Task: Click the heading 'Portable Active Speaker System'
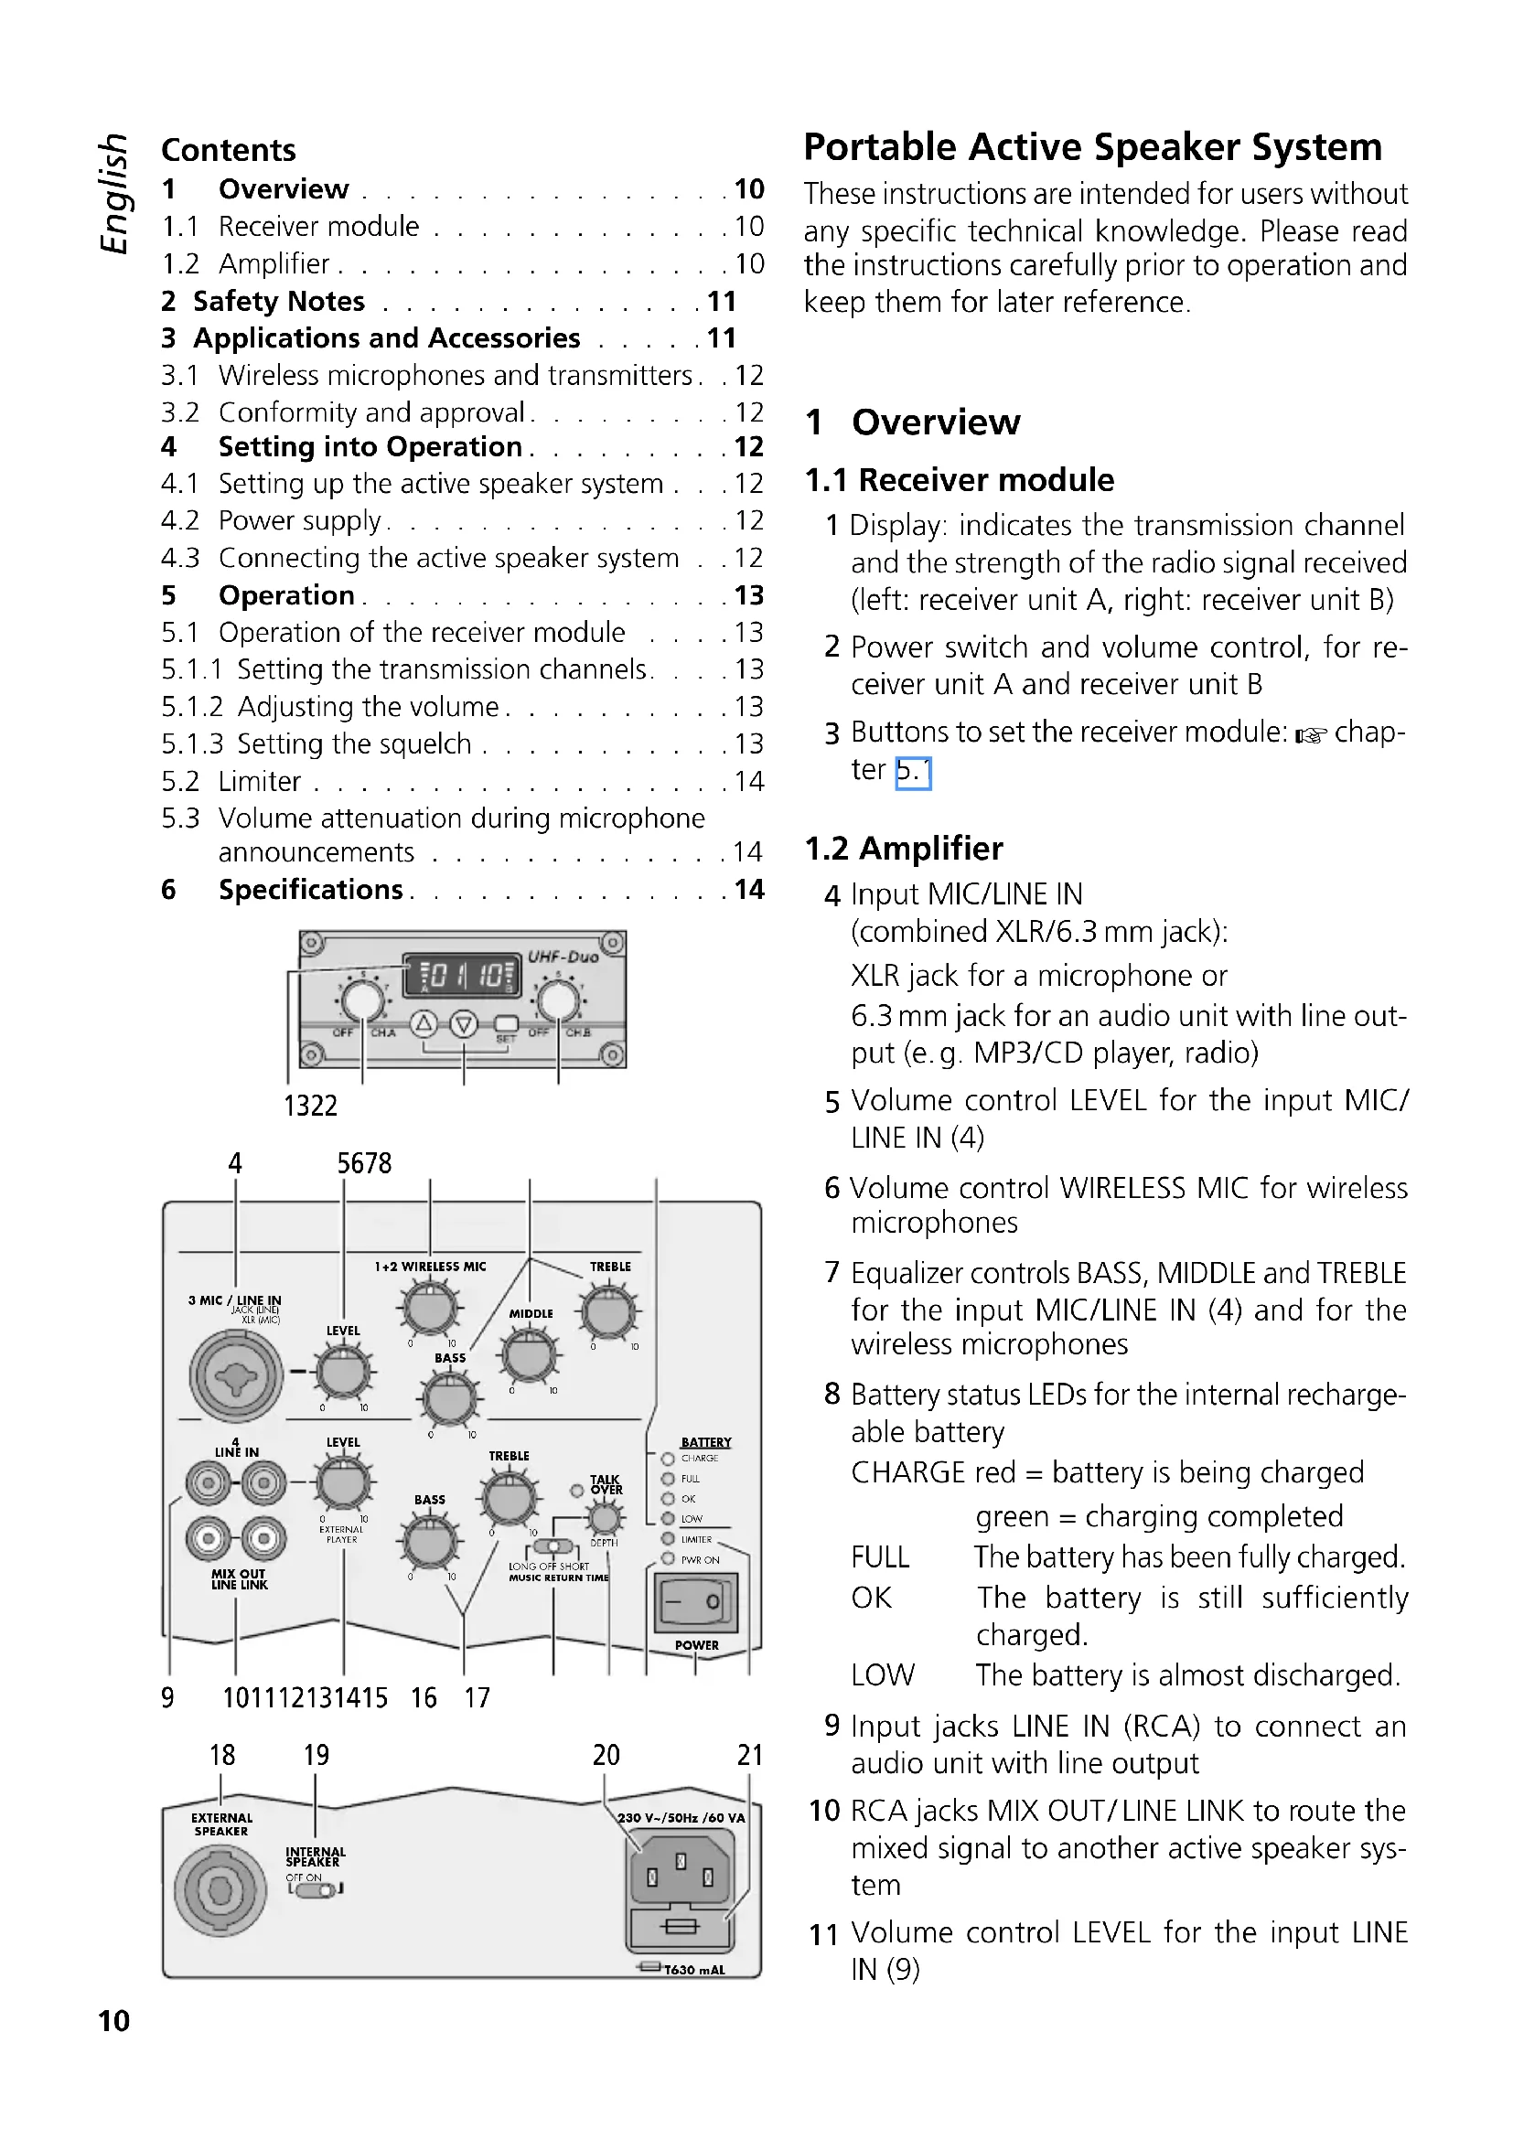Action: coord(1092,148)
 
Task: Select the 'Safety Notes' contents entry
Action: coord(279,302)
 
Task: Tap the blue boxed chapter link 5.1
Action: coord(912,773)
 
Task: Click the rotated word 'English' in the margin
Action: coord(113,193)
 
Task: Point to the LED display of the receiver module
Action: coord(462,976)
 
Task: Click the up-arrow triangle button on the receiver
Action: coord(424,1025)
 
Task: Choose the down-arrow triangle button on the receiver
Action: coord(464,1025)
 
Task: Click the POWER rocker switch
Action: coord(696,1601)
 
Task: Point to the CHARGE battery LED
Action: coord(667,1459)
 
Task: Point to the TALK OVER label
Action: coord(606,1485)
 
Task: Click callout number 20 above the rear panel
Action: coord(606,1756)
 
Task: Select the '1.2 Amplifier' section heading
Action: coord(904,849)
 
